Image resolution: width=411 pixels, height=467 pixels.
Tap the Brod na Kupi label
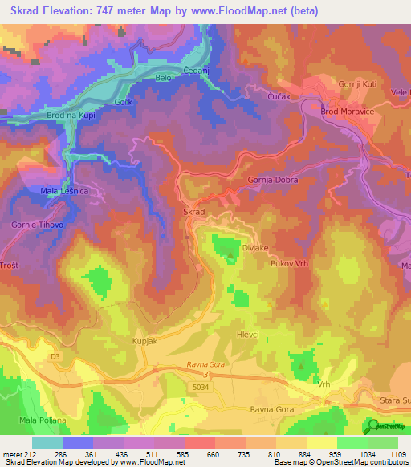[73, 116]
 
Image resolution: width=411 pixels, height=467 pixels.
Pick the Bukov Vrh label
[291, 263]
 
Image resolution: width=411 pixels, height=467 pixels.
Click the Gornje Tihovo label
[38, 225]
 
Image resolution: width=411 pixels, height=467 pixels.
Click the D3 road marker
[55, 353]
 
